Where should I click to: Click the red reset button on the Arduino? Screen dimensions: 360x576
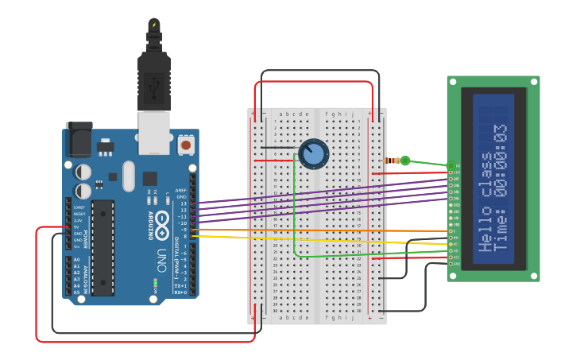[186, 145]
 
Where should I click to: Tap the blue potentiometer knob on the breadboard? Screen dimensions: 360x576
[313, 153]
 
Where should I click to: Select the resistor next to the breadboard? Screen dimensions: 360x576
[392, 161]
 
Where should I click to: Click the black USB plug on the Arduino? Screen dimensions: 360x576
[154, 79]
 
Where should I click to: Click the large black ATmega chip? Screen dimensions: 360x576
[102, 247]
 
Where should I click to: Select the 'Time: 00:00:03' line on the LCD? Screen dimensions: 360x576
[501, 188]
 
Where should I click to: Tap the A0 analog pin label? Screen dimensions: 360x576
[76, 260]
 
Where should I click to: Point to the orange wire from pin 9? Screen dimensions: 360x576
[318, 230]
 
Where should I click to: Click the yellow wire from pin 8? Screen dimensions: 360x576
[318, 239]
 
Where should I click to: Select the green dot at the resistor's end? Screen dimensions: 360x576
[405, 161]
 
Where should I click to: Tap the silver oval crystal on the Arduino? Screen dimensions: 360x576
[128, 176]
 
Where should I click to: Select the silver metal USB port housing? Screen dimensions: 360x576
[154, 131]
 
